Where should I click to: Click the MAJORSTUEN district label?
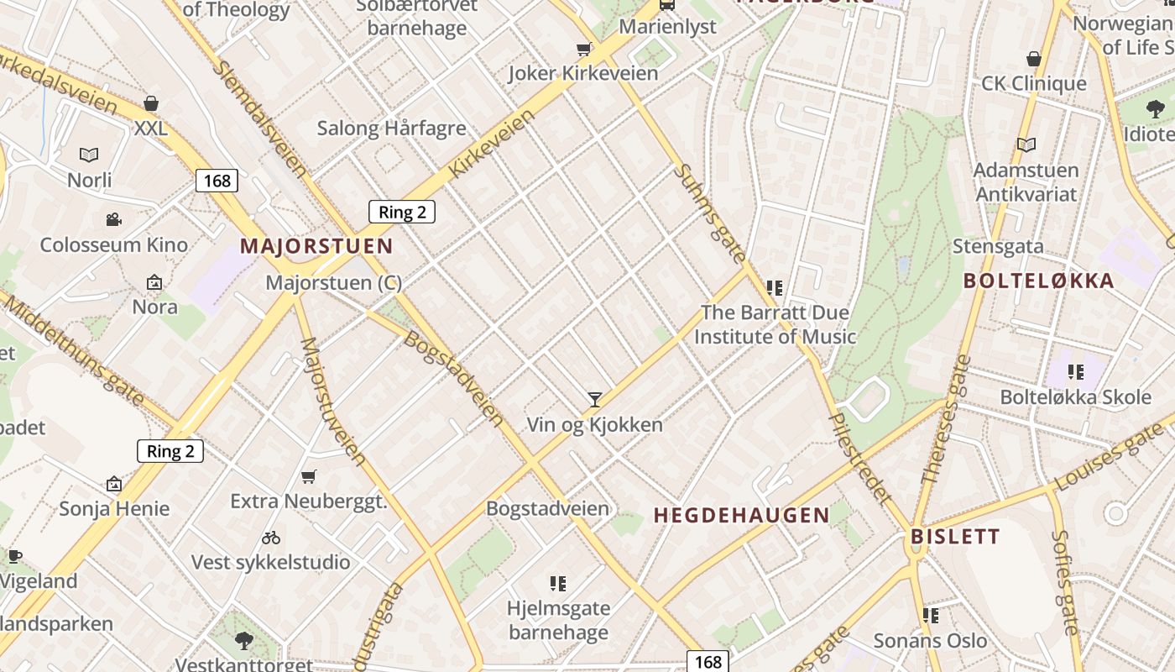coord(316,246)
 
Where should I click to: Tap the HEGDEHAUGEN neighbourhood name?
coord(741,515)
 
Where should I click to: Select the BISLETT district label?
coord(955,536)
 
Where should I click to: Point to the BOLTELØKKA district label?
coord(1039,281)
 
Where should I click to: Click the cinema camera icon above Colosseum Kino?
coord(113,220)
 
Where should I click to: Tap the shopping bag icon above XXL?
coord(151,104)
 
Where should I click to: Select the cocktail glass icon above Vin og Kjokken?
coord(595,399)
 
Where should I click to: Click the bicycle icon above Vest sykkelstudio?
coord(270,537)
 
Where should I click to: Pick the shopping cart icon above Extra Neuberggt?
coord(309,476)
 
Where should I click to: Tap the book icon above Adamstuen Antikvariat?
coord(1026,144)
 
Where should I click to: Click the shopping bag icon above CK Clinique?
coord(1034,59)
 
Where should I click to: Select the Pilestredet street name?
coord(859,458)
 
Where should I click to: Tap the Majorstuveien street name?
coord(333,402)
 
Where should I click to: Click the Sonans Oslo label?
coord(931,641)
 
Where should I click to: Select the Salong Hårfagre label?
coord(391,129)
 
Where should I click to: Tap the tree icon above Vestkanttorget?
coord(244,641)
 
